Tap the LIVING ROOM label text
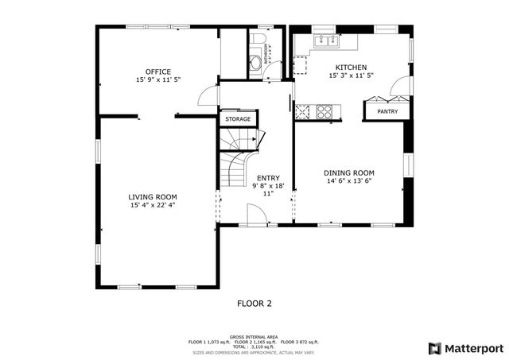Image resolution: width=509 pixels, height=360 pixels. click(x=153, y=196)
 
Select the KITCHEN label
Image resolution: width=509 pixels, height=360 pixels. click(x=351, y=68)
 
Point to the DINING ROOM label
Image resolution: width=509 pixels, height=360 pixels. click(x=348, y=172)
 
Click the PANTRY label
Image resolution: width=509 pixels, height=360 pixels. click(x=387, y=112)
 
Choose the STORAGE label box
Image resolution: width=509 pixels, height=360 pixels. click(x=237, y=119)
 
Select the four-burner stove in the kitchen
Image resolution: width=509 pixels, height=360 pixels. click(x=324, y=111)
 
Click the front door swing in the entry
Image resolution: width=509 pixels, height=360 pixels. click(x=257, y=214)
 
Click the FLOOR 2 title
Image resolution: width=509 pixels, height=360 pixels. click(x=254, y=303)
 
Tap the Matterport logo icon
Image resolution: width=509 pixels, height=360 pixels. click(x=433, y=347)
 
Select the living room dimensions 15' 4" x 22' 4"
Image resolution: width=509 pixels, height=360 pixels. click(x=153, y=205)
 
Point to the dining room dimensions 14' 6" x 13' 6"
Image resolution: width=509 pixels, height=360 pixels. click(x=348, y=181)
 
